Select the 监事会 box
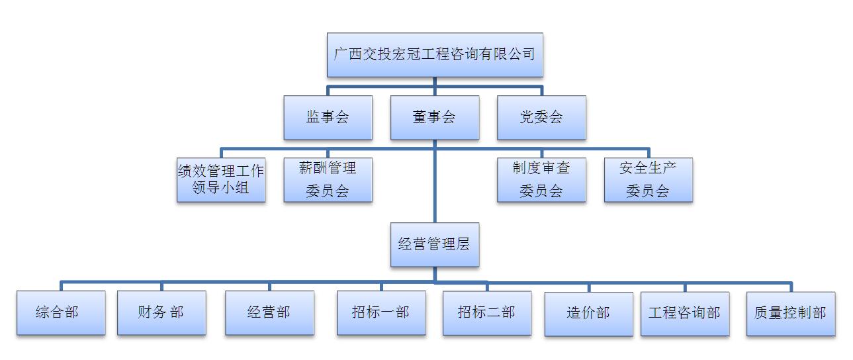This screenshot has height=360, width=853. [x=328, y=118]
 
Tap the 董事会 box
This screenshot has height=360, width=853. [x=435, y=118]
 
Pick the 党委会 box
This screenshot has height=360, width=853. [x=541, y=118]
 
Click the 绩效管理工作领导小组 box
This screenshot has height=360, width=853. [x=221, y=179]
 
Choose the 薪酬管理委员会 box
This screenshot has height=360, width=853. [x=328, y=179]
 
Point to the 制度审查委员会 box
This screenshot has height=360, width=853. [x=541, y=179]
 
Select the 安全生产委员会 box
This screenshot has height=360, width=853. [x=648, y=179]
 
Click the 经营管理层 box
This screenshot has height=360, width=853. [x=435, y=244]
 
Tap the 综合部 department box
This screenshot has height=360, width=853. [x=61, y=312]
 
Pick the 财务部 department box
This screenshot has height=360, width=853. [x=161, y=312]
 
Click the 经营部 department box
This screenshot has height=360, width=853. [x=269, y=312]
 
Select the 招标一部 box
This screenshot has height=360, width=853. [x=381, y=312]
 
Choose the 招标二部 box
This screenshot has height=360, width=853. [x=486, y=312]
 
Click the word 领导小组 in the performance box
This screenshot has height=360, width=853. [x=221, y=188]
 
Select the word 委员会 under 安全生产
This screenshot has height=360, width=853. [x=648, y=191]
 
